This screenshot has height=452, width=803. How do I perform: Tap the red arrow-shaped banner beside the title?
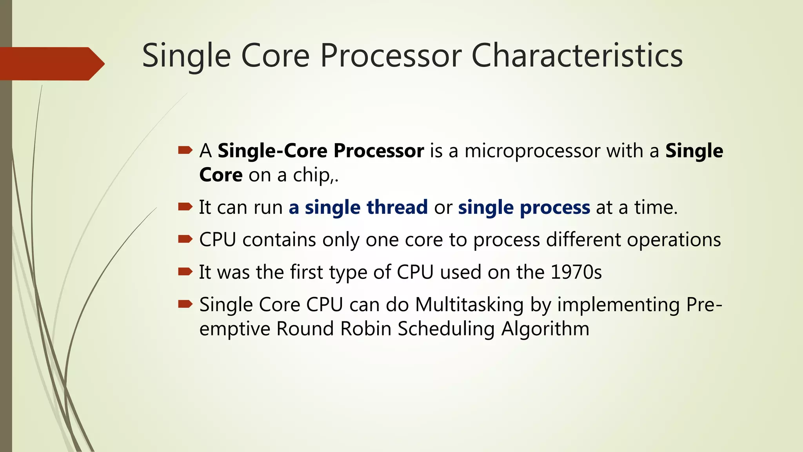[51, 64]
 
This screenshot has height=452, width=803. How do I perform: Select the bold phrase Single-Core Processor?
[321, 151]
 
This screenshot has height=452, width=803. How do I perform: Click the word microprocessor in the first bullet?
[532, 151]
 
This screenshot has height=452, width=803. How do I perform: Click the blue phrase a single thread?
[358, 207]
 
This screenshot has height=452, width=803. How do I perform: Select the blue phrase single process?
[524, 207]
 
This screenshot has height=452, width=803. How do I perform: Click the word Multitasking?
[469, 304]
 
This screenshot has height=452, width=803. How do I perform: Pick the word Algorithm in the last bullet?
[545, 328]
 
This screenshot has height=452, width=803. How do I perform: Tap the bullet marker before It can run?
[185, 206]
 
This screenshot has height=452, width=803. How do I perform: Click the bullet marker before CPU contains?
[185, 239]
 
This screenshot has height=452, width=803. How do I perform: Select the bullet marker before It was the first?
[185, 271]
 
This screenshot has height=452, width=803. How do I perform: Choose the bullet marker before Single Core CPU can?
[185, 304]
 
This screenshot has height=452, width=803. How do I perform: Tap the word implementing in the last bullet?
[618, 304]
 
